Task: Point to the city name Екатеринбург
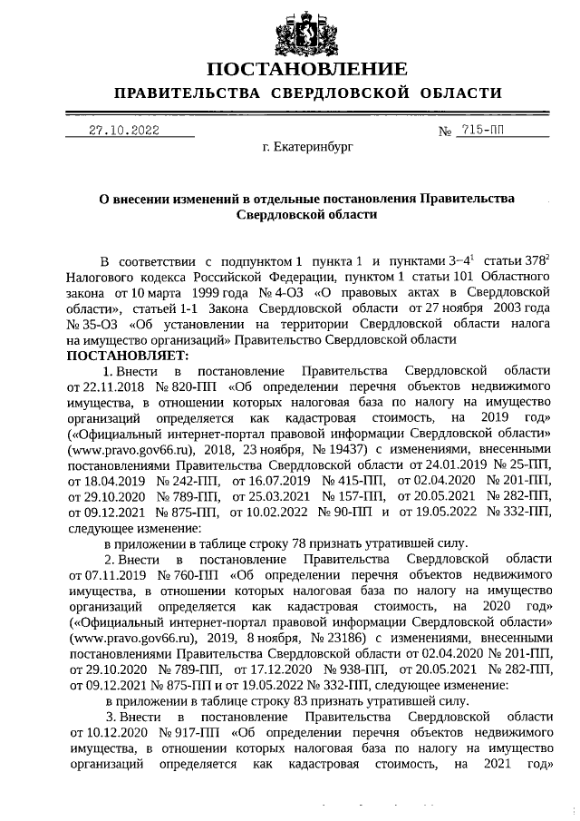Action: click(307, 145)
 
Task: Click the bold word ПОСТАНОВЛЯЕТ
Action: click(126, 355)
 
